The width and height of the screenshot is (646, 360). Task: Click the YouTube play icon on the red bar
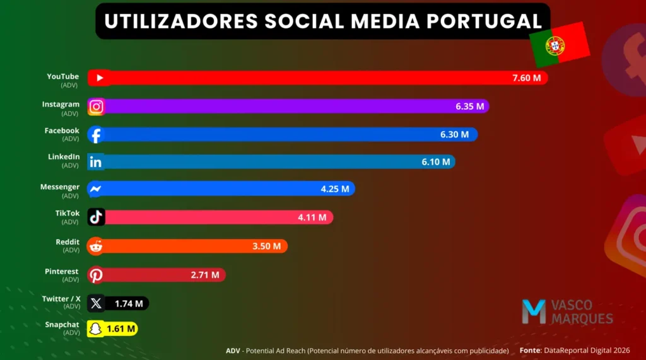coord(99,78)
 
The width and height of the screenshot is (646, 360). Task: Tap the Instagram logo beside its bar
coord(96,107)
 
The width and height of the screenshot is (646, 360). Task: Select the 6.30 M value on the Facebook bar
coord(455,134)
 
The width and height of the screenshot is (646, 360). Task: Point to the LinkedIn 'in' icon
coord(96,162)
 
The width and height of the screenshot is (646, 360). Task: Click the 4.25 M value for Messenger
coord(335,189)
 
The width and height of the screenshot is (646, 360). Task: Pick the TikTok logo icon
coord(96,218)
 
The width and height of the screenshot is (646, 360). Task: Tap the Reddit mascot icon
coord(96,246)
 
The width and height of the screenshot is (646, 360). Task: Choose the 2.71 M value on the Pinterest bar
coord(205,275)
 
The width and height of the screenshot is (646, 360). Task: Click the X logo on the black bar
coord(96,304)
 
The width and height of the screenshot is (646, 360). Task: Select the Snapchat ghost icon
coord(95,328)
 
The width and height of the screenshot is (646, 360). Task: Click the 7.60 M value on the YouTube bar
coord(527,78)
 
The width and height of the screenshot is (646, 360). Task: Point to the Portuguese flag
coord(558,45)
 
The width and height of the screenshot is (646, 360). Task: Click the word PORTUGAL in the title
coord(484,21)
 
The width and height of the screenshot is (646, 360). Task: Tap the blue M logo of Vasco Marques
coord(534,312)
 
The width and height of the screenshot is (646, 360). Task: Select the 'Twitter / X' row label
coord(61,299)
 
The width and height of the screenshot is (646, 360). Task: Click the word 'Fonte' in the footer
coord(530,350)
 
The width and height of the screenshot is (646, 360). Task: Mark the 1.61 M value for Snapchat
coord(120,328)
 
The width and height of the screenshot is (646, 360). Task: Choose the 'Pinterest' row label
coord(62,271)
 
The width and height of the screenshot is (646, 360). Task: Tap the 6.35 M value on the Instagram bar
coord(470,107)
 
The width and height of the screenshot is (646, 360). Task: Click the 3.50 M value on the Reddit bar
coord(267,246)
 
